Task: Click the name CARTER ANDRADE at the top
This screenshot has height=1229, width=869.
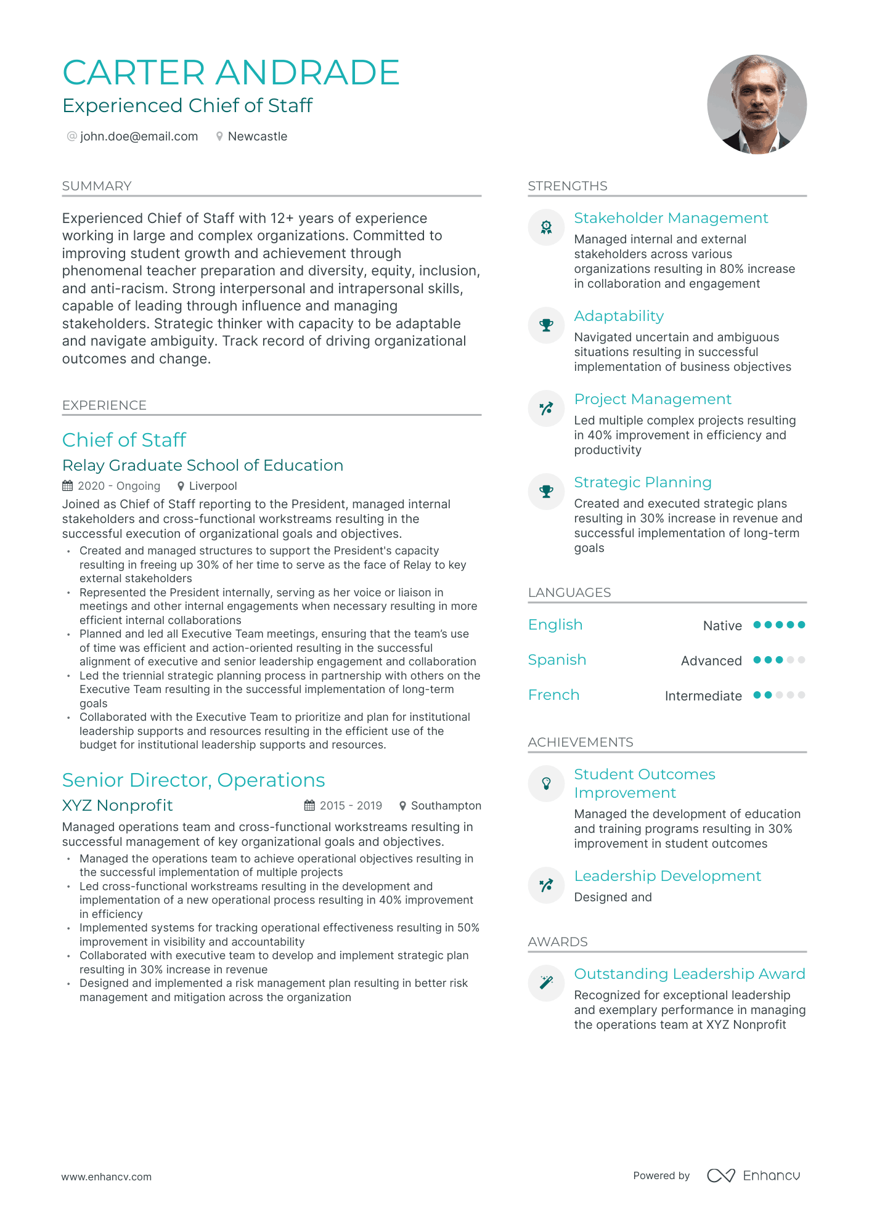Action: [x=231, y=73]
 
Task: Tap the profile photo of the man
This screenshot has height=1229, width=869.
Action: [x=756, y=104]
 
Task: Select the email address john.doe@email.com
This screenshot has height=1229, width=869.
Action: [x=139, y=136]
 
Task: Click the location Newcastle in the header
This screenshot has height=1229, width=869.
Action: [x=257, y=136]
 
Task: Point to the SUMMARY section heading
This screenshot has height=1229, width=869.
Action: [x=97, y=186]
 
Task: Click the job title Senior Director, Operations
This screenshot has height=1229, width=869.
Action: [x=194, y=780]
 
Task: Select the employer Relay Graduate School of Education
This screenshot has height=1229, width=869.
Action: [x=203, y=465]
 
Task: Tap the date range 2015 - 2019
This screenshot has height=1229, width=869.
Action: [x=351, y=806]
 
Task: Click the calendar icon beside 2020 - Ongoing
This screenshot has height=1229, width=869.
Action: [x=68, y=486]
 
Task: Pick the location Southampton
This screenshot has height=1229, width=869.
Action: [x=446, y=806]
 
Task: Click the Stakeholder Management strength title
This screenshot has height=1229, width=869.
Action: [x=671, y=218]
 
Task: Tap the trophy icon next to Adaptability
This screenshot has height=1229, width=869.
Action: [x=546, y=325]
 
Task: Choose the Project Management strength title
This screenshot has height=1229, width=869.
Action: [x=652, y=399]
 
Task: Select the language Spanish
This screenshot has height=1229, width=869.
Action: [x=557, y=660]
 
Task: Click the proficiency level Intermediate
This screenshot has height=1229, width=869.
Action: [x=703, y=696]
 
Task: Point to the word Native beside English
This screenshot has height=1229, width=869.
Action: [x=722, y=625]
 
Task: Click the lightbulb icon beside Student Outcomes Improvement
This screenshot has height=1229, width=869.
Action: [x=546, y=783]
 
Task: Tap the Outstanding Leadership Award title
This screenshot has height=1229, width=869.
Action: [x=689, y=974]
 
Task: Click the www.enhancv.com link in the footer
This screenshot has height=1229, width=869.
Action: [x=106, y=1177]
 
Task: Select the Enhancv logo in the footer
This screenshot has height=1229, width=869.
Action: [x=753, y=1175]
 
